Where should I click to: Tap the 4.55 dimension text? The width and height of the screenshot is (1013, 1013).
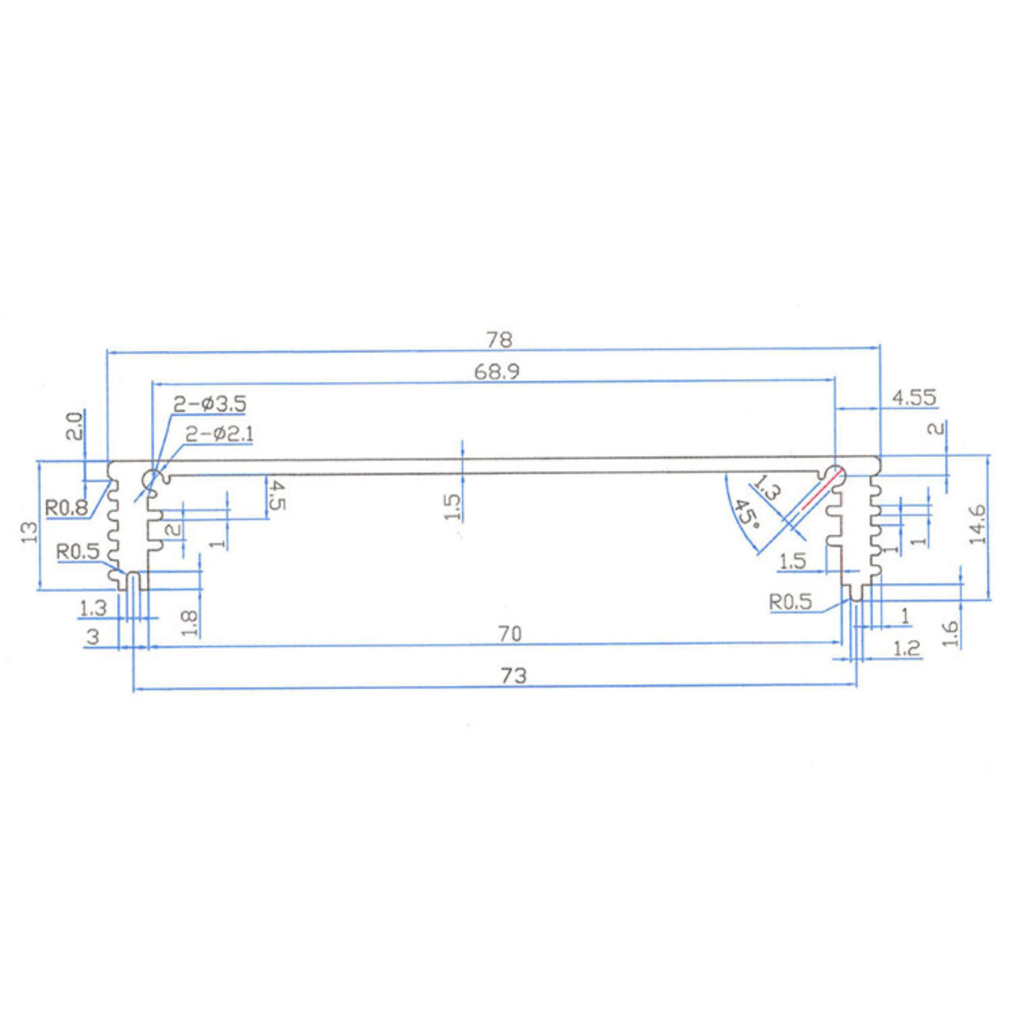(914, 398)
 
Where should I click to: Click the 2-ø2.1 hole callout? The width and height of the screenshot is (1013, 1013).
(220, 434)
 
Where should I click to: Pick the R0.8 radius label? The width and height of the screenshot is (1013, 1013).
(66, 507)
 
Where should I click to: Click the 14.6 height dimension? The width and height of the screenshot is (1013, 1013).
(978, 524)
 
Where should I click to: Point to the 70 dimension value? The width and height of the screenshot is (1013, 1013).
(510, 635)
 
